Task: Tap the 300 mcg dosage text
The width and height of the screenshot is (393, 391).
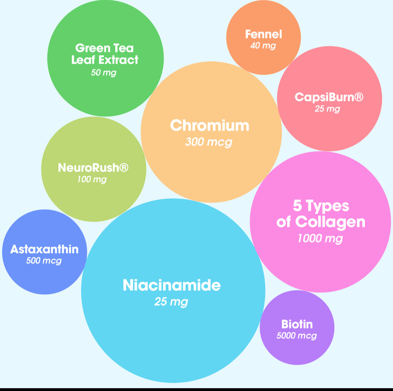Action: [x=209, y=142]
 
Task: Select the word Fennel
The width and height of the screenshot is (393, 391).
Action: [x=263, y=34]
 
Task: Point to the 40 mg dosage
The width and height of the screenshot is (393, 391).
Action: [x=263, y=45]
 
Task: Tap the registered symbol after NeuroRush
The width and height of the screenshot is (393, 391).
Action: [x=124, y=168]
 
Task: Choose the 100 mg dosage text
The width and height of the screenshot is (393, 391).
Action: [x=92, y=180]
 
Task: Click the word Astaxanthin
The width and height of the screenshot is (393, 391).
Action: [x=44, y=249]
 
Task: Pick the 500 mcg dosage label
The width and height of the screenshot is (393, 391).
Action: [x=44, y=261]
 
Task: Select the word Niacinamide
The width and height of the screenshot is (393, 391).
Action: [x=172, y=285]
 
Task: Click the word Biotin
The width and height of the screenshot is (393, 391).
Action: [x=297, y=324]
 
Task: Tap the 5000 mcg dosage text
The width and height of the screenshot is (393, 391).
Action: [x=297, y=336]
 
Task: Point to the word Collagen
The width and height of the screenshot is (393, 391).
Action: [x=330, y=222]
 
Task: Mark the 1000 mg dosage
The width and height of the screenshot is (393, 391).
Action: [x=320, y=239]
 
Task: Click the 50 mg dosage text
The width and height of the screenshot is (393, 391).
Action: [x=103, y=73]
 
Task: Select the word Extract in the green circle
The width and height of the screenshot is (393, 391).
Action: [x=118, y=60]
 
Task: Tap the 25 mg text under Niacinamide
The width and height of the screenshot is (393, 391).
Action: [x=171, y=301]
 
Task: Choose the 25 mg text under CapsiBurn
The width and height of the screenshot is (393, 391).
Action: [x=327, y=109]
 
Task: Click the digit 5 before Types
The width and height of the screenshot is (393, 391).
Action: [x=297, y=206]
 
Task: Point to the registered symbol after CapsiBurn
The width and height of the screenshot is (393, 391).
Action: [x=359, y=97]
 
